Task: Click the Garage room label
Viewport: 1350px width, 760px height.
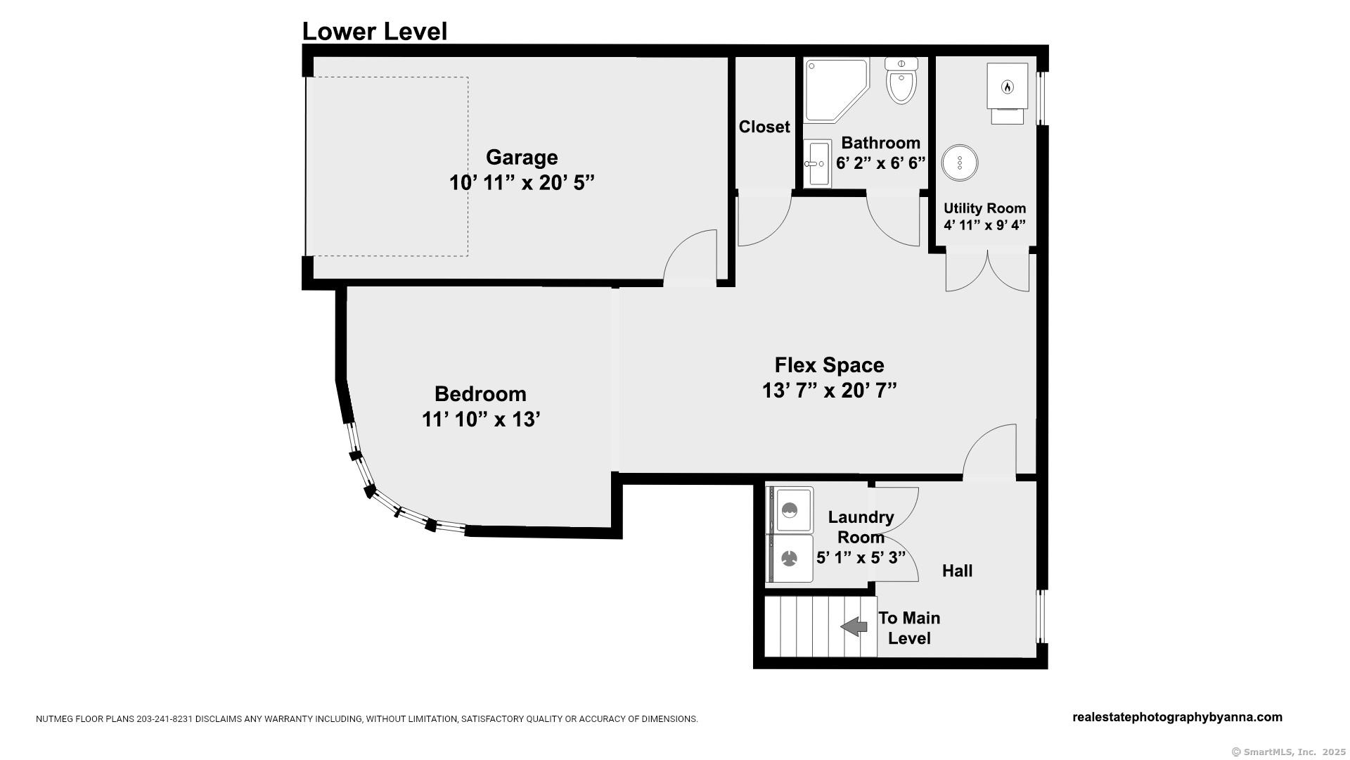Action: coord(522,157)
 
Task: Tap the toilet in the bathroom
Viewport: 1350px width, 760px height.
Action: coord(901,80)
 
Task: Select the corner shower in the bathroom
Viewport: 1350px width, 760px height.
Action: coord(836,90)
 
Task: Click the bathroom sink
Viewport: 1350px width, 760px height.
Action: coord(817,163)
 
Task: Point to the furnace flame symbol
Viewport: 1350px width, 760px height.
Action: coord(1007,87)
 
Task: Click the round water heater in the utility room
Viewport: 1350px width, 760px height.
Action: coord(960,163)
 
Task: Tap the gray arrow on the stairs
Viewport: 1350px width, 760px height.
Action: coord(854,626)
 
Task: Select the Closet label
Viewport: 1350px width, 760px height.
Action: coord(764,127)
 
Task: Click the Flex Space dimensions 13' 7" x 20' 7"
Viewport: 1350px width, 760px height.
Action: coord(830,391)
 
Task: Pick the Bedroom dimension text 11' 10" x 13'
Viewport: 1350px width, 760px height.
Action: coord(481,419)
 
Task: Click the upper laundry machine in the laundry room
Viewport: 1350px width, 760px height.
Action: coord(790,509)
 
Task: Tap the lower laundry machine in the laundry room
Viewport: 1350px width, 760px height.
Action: coord(790,559)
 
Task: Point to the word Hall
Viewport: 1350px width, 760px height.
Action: coord(958,571)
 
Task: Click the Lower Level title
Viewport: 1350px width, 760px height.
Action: coord(375,32)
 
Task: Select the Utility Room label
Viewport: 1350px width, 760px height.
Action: coord(984,208)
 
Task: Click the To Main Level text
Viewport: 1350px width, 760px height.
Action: coord(909,628)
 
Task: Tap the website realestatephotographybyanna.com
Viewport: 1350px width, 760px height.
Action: coord(1177,717)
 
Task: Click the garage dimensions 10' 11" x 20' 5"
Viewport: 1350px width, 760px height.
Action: coord(522,183)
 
